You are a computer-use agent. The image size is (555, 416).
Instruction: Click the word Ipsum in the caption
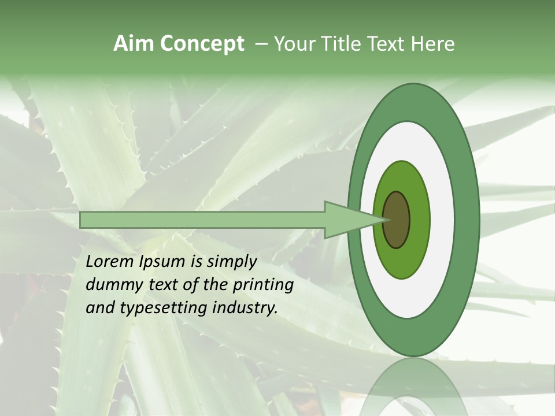pyautogui.click(x=162, y=262)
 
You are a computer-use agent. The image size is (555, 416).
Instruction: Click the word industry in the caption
pyautogui.click(x=245, y=308)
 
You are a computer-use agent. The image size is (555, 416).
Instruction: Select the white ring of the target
pyautogui.click(x=442, y=220)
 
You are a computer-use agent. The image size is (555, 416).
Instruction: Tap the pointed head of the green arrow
pyautogui.click(x=353, y=220)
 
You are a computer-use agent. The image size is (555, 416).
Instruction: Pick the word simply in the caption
pyautogui.click(x=231, y=262)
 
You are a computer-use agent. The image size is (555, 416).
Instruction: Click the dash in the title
pyautogui.click(x=261, y=44)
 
